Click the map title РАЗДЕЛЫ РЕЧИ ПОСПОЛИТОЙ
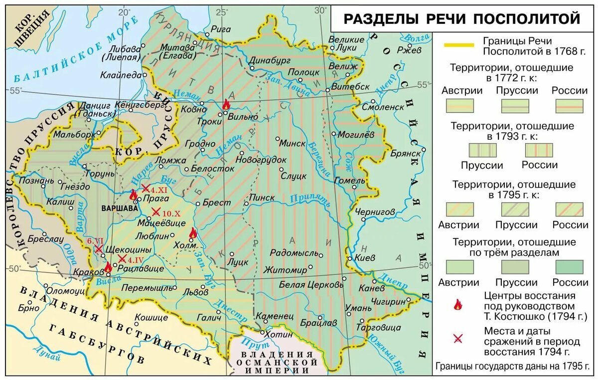462,19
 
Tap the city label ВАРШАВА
119,208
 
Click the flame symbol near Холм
193,233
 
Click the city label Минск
293,143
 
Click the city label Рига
221,29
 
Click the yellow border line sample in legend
459,45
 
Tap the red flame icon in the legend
457,305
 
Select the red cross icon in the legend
457,339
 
